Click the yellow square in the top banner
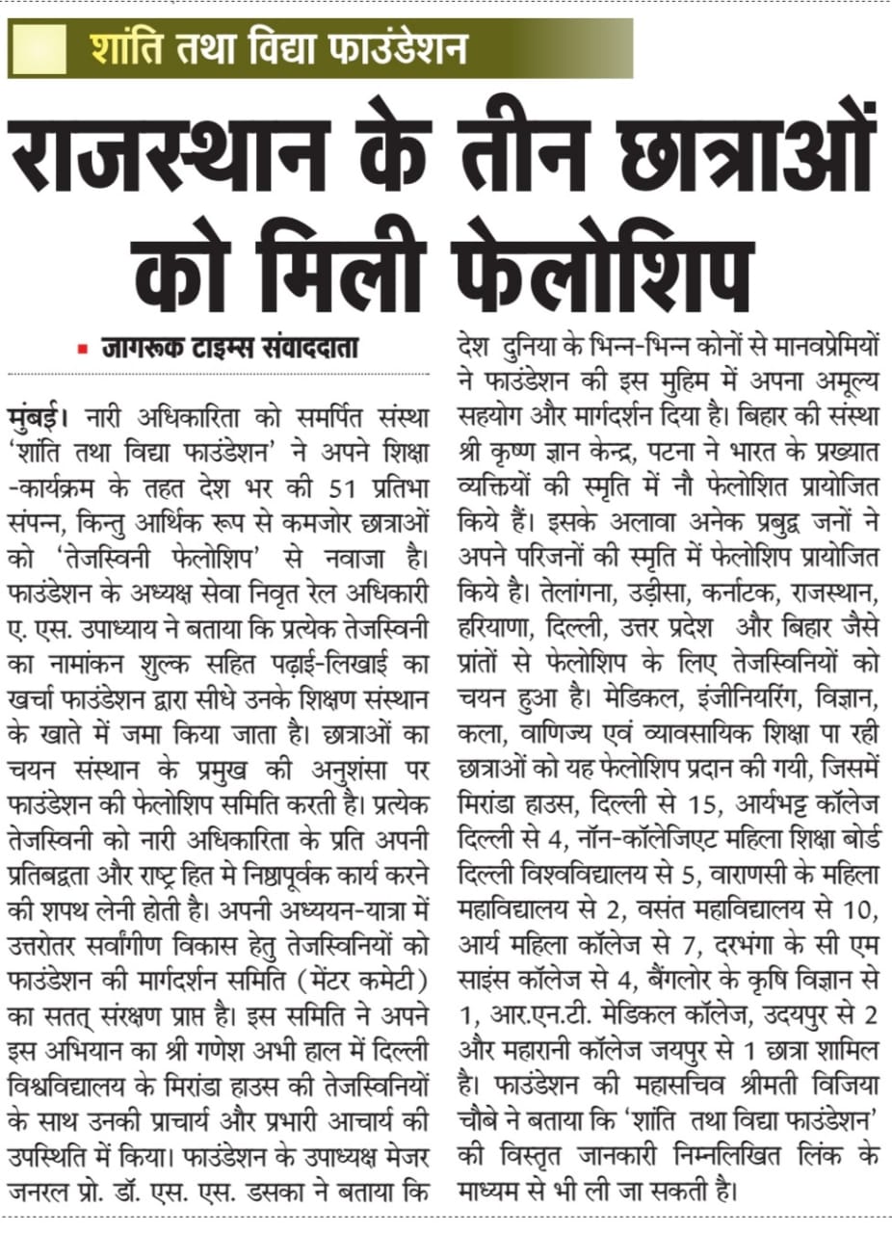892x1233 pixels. tap(38, 47)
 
